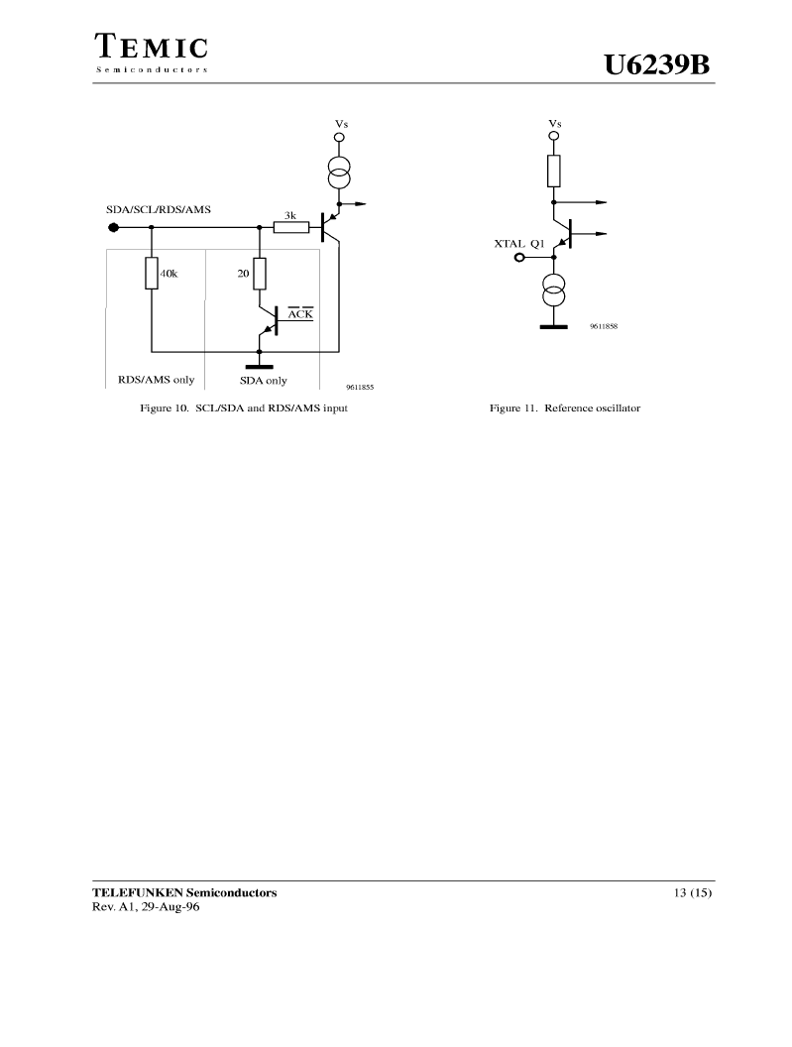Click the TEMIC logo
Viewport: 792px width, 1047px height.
(x=151, y=53)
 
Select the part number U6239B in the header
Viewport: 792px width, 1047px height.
(x=656, y=65)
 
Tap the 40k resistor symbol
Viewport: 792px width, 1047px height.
(x=152, y=273)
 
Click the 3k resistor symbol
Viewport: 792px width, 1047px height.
(x=291, y=228)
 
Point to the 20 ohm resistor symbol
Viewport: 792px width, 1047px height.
(x=260, y=274)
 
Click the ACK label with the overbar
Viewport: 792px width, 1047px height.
(x=300, y=313)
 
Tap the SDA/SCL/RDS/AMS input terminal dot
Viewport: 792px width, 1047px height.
(x=114, y=228)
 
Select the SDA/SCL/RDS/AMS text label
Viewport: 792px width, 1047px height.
(x=159, y=209)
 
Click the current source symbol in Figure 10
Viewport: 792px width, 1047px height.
(x=339, y=172)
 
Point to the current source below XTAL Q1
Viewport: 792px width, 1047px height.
(x=553, y=291)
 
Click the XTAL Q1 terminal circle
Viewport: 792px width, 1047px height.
(x=519, y=257)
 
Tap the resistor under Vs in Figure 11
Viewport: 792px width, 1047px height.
(x=553, y=171)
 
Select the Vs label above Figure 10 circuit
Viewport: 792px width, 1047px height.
(x=341, y=124)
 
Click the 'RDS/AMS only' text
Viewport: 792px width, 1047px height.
(x=157, y=380)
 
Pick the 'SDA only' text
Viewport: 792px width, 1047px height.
(x=263, y=381)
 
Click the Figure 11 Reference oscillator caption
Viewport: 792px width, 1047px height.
(x=565, y=407)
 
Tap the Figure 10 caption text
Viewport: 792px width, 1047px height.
(x=244, y=407)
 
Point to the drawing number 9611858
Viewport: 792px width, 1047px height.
(x=604, y=326)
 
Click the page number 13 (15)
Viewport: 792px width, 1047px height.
(x=693, y=892)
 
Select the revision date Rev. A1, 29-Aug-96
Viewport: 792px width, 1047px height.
(x=146, y=907)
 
